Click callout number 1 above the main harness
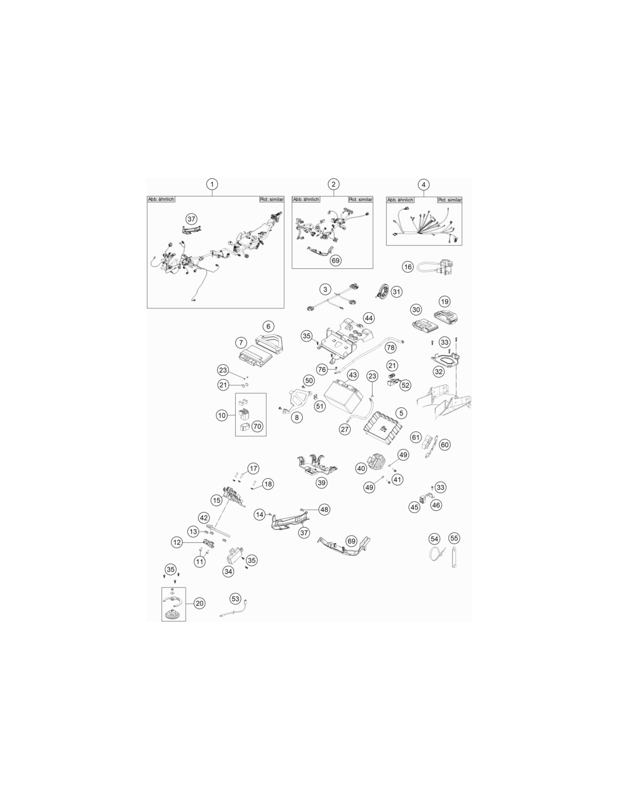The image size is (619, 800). pyautogui.click(x=212, y=184)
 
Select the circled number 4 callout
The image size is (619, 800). pyautogui.click(x=424, y=185)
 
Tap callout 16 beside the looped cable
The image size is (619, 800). pyautogui.click(x=407, y=267)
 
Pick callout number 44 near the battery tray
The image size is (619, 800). pyautogui.click(x=369, y=318)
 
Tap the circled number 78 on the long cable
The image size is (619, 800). pyautogui.click(x=391, y=348)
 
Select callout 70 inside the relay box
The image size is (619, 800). pyautogui.click(x=257, y=426)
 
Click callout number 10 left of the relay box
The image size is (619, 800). pyautogui.click(x=222, y=415)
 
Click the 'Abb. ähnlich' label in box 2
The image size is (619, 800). pyautogui.click(x=306, y=199)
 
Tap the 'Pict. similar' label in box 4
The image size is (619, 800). pyautogui.click(x=450, y=200)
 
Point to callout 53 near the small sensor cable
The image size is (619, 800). pyautogui.click(x=235, y=599)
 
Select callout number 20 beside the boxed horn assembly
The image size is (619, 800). pyautogui.click(x=199, y=603)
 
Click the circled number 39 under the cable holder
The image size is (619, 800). pyautogui.click(x=321, y=483)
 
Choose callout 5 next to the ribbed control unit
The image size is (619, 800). pyautogui.click(x=401, y=413)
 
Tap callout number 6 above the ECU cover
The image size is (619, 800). pyautogui.click(x=268, y=326)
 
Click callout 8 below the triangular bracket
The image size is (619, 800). pyautogui.click(x=297, y=417)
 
